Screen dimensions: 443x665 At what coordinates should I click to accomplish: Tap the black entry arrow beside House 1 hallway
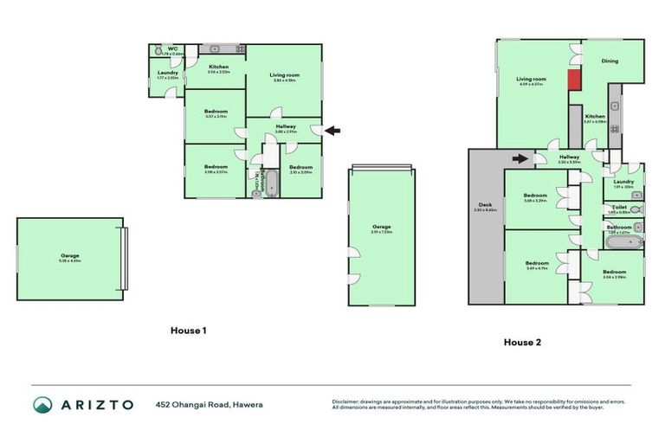pos(332,131)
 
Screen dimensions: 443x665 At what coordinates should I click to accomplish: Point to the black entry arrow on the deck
pos(520,158)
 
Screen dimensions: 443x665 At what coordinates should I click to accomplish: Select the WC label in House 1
pos(172,48)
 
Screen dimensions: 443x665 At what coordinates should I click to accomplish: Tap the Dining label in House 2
pos(611,61)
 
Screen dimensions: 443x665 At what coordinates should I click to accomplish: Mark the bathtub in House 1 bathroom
pos(267,183)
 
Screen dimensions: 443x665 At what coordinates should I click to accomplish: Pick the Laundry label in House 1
pos(167,73)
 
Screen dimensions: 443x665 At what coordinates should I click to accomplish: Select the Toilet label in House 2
pos(619,207)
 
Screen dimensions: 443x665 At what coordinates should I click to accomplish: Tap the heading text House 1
pos(188,331)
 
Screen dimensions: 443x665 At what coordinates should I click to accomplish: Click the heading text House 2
pos(522,342)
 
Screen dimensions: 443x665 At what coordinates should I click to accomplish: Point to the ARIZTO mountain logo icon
pos(42,405)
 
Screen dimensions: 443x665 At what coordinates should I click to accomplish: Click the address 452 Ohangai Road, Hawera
pos(209,405)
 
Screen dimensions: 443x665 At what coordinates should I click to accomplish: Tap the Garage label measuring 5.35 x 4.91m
pos(70,256)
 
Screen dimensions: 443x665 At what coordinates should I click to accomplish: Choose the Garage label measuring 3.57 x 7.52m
pos(382,227)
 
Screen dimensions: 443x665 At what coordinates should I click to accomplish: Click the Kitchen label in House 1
pos(218,67)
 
